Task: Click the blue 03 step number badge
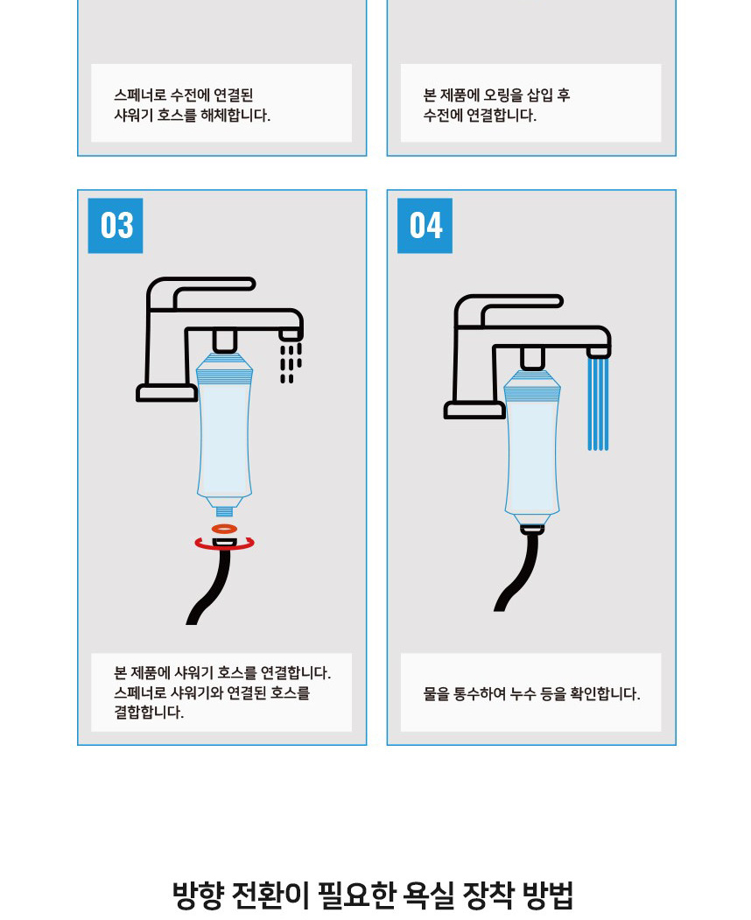tap(115, 226)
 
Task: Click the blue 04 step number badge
tap(425, 226)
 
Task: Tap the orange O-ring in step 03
tap(224, 529)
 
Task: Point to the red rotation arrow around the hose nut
tap(225, 548)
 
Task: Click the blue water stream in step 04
tap(598, 404)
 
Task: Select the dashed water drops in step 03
tap(291, 362)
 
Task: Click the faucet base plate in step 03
tap(166, 393)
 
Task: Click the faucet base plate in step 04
tap(474, 411)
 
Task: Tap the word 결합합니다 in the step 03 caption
tap(149, 713)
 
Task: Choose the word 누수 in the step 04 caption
tap(522, 694)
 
